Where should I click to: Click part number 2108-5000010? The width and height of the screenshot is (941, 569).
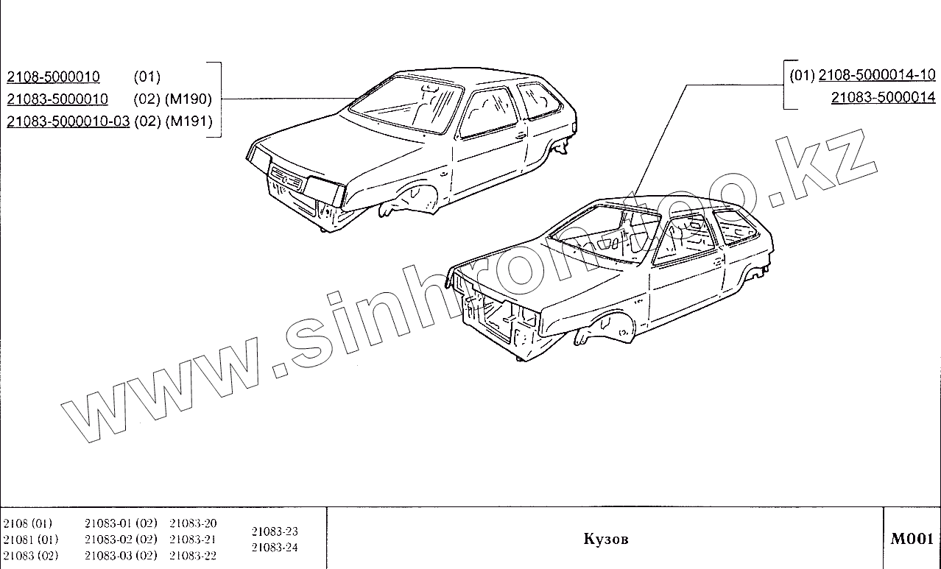53,77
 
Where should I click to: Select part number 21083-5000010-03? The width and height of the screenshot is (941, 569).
68,121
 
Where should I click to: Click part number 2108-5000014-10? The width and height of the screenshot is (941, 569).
876,74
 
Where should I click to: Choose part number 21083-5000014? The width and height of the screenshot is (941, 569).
883,96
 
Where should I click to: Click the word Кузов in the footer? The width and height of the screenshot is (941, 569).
606,539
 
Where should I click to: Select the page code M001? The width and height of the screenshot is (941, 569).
912,539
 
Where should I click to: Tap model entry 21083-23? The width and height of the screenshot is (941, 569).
275,531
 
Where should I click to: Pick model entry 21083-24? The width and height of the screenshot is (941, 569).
275,547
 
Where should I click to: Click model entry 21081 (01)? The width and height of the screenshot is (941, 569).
27,540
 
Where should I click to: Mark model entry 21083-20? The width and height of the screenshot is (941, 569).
193,523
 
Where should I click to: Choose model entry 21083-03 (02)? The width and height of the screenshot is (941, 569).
121,555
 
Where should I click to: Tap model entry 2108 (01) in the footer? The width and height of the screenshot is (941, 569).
27,523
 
